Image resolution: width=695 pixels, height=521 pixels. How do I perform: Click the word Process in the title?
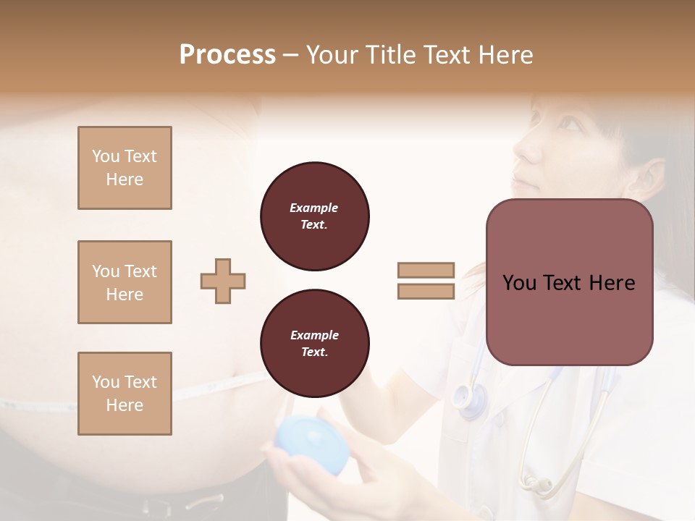[227, 55]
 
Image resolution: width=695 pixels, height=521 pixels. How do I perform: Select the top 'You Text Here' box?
[125, 168]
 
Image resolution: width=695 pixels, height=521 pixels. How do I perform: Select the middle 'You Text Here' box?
[125, 282]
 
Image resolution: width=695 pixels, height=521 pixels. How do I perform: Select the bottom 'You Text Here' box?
[125, 394]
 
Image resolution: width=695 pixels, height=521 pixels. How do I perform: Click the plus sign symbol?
[223, 281]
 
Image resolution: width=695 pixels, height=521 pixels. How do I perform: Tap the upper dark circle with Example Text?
[315, 216]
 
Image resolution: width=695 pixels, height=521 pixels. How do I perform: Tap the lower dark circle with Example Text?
[315, 344]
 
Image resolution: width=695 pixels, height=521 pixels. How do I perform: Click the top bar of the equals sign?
[426, 270]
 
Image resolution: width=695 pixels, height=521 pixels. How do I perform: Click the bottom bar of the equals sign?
[426, 292]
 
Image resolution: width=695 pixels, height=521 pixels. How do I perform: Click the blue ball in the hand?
[313, 446]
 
